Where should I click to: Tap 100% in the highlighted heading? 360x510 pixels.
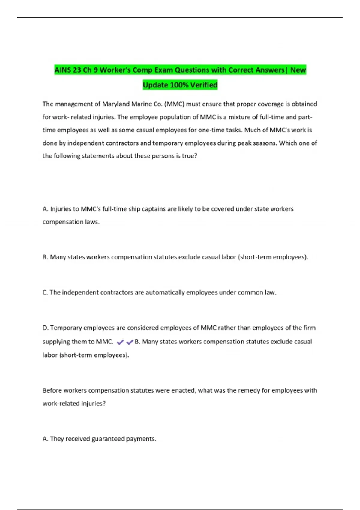pyautogui.click(x=179, y=85)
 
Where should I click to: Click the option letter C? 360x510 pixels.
pyautogui.click(x=45, y=292)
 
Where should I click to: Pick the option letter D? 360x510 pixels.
pyautogui.click(x=45, y=328)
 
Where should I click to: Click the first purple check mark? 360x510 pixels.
pyautogui.click(x=120, y=342)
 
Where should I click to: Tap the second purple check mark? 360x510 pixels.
pyautogui.click(x=130, y=342)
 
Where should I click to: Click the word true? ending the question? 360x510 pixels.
pyautogui.click(x=190, y=156)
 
